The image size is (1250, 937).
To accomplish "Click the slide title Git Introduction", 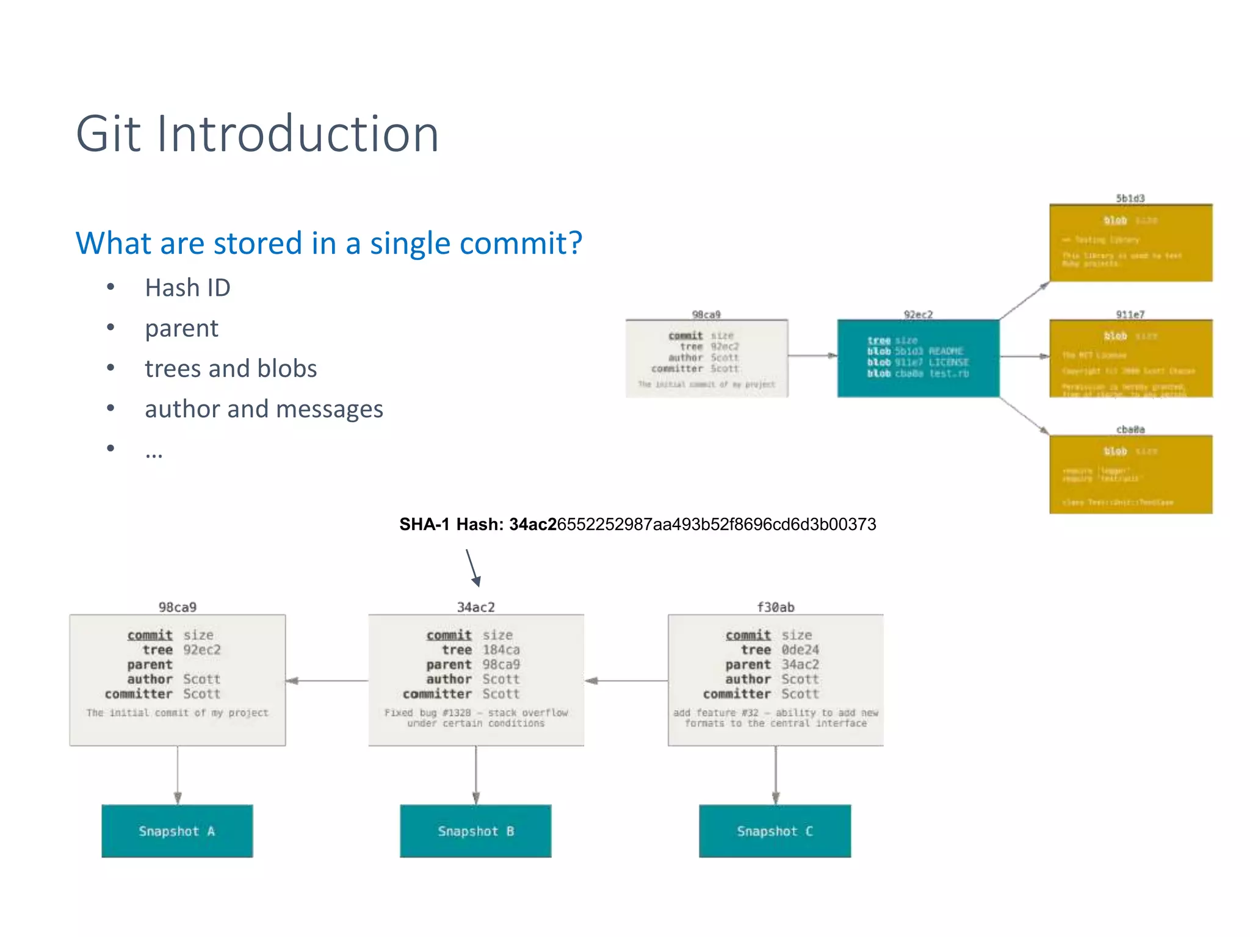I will click(x=257, y=134).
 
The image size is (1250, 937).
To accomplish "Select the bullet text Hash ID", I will click(x=187, y=288).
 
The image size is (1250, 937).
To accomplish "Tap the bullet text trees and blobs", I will click(x=231, y=368).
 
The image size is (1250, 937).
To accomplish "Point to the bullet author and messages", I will click(x=264, y=409).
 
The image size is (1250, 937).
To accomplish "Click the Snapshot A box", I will click(x=177, y=831).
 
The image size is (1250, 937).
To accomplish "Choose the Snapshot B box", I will click(x=475, y=831).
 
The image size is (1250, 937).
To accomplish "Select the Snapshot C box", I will click(x=775, y=831).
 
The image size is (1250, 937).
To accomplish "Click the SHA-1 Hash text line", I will click(x=637, y=524).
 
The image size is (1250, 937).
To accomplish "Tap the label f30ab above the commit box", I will click(x=775, y=607).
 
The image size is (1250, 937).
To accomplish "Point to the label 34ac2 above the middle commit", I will click(x=475, y=607).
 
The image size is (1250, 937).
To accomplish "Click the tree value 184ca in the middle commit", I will click(x=501, y=650).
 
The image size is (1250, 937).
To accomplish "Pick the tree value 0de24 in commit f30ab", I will click(x=800, y=650).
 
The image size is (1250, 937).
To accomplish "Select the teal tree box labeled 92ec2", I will click(x=918, y=358).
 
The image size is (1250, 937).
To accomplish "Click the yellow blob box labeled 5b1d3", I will click(x=1130, y=243).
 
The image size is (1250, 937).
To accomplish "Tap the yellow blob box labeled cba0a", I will click(x=1130, y=475).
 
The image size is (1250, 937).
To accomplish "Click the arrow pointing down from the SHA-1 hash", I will click(x=472, y=567).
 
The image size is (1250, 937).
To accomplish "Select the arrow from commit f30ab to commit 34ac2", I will click(x=626, y=680).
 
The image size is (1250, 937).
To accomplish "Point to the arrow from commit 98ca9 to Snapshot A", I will click(x=178, y=775).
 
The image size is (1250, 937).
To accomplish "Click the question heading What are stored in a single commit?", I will click(x=328, y=243).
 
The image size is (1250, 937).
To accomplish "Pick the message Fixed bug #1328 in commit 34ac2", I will click(x=475, y=717).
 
